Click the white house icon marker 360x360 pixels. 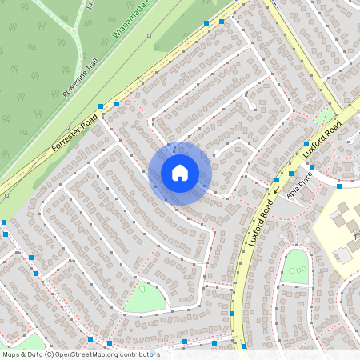pos(180,173)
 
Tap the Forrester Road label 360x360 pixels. pos(74,134)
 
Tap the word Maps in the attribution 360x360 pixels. pos(11,354)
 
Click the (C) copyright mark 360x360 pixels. pos(49,354)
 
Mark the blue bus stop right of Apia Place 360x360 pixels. pos(339,186)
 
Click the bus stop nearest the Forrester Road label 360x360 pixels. pos(101,106)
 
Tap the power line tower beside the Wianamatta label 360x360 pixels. pos(149,35)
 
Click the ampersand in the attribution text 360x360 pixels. pos(23,354)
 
